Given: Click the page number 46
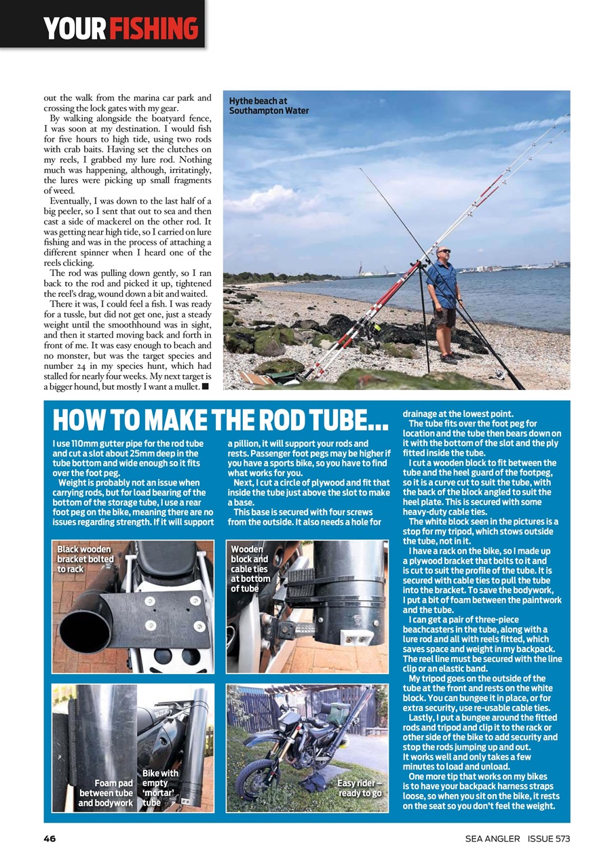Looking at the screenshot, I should coord(49,839).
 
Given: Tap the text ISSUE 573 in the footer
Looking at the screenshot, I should coord(548,839).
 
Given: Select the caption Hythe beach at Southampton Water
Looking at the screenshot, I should coord(269,106).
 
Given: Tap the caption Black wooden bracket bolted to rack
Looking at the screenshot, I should coord(85,559).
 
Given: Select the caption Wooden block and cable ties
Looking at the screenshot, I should coord(250,569).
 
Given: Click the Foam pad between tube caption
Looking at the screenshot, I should coord(106,793).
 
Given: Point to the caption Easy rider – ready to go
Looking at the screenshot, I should coord(360,788).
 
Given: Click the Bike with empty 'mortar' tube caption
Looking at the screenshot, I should coord(160,787).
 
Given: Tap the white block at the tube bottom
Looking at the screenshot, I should coord(355,637).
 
